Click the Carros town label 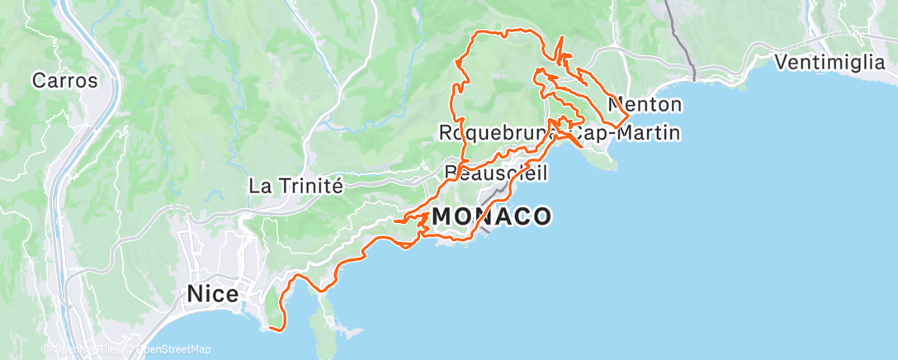pyautogui.click(x=64, y=81)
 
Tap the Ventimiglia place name pyautogui.click(x=834, y=62)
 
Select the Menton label pyautogui.click(x=645, y=105)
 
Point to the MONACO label pyautogui.click(x=491, y=217)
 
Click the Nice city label pyautogui.click(x=213, y=293)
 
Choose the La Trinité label pyautogui.click(x=295, y=186)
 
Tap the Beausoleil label pyautogui.click(x=495, y=172)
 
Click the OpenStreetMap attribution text pyautogui.click(x=170, y=350)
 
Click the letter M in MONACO pyautogui.click(x=442, y=217)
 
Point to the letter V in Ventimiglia pyautogui.click(x=782, y=62)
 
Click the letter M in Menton pyautogui.click(x=615, y=105)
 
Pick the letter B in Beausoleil pyautogui.click(x=450, y=172)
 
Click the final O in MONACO pyautogui.click(x=541, y=217)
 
